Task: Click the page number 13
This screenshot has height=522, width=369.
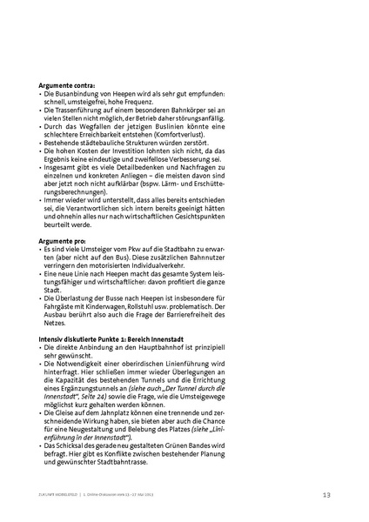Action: [325, 494]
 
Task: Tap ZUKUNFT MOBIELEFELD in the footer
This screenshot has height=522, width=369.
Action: [60, 494]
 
